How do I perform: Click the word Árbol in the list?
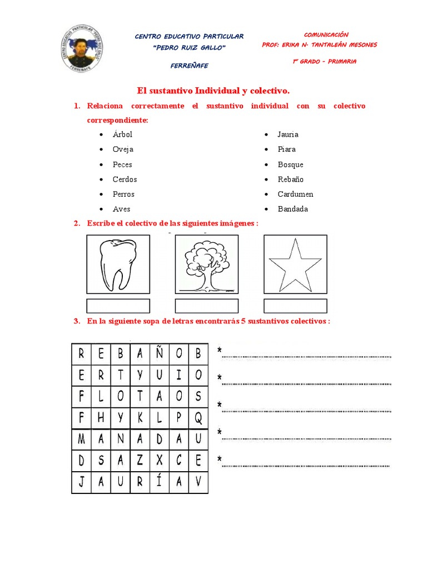(x=122, y=134)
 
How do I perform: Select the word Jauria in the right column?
(x=288, y=134)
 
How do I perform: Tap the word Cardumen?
(x=295, y=194)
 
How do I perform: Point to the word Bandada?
(x=292, y=209)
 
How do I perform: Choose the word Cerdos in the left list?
(x=125, y=179)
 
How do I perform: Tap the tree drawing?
(x=207, y=264)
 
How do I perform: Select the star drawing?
(x=295, y=264)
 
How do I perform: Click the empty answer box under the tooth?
(x=118, y=306)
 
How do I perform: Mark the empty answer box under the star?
(x=295, y=306)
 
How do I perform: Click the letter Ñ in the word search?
(x=160, y=353)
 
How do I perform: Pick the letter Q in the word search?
(x=198, y=417)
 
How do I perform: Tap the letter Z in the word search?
(x=140, y=461)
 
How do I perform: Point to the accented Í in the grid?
(x=160, y=482)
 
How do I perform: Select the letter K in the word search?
(x=140, y=417)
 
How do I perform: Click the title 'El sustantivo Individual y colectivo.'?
(x=213, y=90)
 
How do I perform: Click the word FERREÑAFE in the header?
(x=189, y=66)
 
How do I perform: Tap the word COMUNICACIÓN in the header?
(x=326, y=35)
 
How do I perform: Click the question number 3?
(x=76, y=322)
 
